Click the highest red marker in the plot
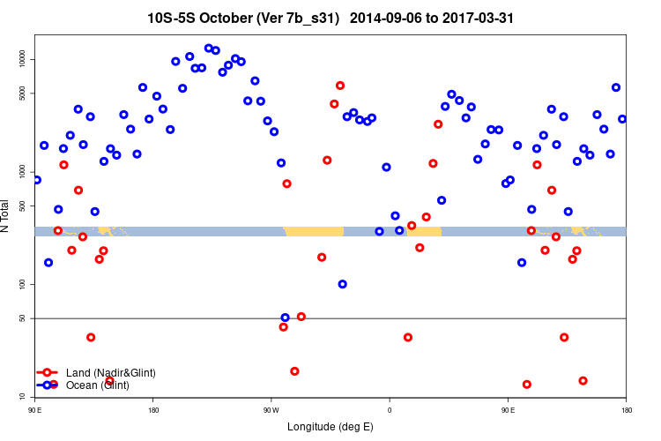(x=340, y=86)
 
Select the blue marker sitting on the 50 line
(x=285, y=318)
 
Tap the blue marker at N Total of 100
(x=342, y=284)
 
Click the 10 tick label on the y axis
(x=28, y=397)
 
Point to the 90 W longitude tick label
(x=271, y=410)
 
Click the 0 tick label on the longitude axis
(x=389, y=410)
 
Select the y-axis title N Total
(x=5, y=216)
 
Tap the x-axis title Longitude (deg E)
(x=330, y=427)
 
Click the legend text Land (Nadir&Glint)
(x=111, y=372)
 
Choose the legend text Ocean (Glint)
(x=98, y=385)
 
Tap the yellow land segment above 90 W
(x=313, y=231)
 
